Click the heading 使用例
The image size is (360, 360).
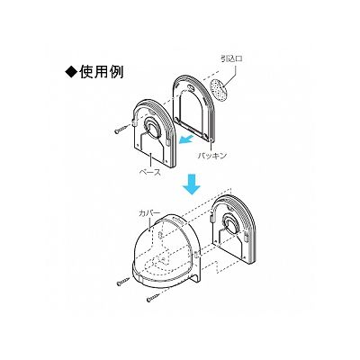(102, 72)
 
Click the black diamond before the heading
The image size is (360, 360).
(71, 72)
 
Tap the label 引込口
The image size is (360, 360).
(231, 58)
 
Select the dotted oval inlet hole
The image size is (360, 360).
(220, 88)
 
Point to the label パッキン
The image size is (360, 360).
(211, 156)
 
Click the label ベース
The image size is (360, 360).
(150, 172)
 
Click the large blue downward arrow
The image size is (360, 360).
(192, 184)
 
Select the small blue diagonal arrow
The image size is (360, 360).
(186, 140)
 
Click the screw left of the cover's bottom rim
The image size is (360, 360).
(123, 282)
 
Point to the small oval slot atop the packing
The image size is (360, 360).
(190, 87)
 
